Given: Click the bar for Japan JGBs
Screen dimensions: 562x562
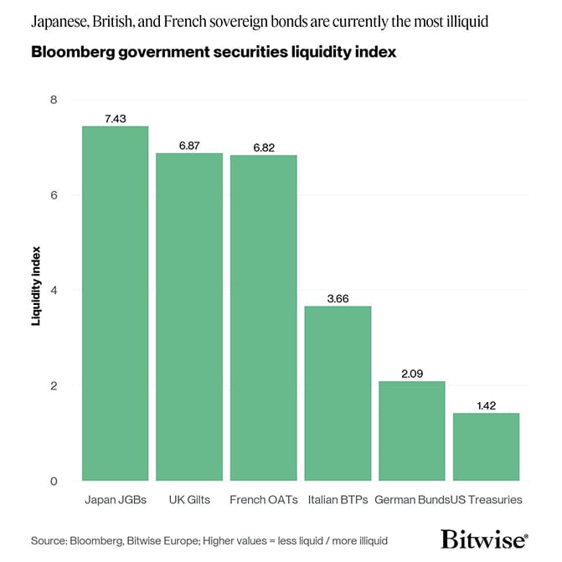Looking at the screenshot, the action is coord(115,303).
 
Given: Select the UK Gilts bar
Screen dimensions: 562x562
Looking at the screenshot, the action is coord(189,317).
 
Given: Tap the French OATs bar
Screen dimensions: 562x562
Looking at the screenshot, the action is coord(264,318).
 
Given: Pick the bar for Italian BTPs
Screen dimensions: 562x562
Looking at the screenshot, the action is coord(338,393).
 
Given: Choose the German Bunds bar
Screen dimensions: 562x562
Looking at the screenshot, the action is coord(412,431).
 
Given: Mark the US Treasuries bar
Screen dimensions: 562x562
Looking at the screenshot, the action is coord(486,446).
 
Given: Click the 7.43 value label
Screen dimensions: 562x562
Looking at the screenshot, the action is coord(116,119).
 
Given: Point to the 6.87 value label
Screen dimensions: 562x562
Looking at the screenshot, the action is coord(189,146).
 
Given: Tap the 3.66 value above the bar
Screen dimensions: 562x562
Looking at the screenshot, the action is coord(338,298).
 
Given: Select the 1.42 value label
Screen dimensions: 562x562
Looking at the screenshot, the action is coord(487,405).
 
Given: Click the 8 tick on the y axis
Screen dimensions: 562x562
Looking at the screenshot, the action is coord(54,100).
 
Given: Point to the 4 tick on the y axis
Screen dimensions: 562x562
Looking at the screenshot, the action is coord(54,291).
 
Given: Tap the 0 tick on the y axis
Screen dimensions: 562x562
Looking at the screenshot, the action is coord(54,481).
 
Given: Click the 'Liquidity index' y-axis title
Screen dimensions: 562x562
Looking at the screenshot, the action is coord(36,286).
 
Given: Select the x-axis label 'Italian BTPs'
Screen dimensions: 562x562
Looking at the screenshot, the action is coord(338,500).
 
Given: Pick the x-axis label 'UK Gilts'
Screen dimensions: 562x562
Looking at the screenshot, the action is coord(189,500).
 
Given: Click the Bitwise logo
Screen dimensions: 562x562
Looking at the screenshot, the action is coord(484,539).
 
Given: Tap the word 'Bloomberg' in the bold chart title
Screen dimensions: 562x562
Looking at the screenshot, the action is coord(73,52).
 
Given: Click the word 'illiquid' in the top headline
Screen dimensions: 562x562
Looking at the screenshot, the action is coord(467,22).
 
